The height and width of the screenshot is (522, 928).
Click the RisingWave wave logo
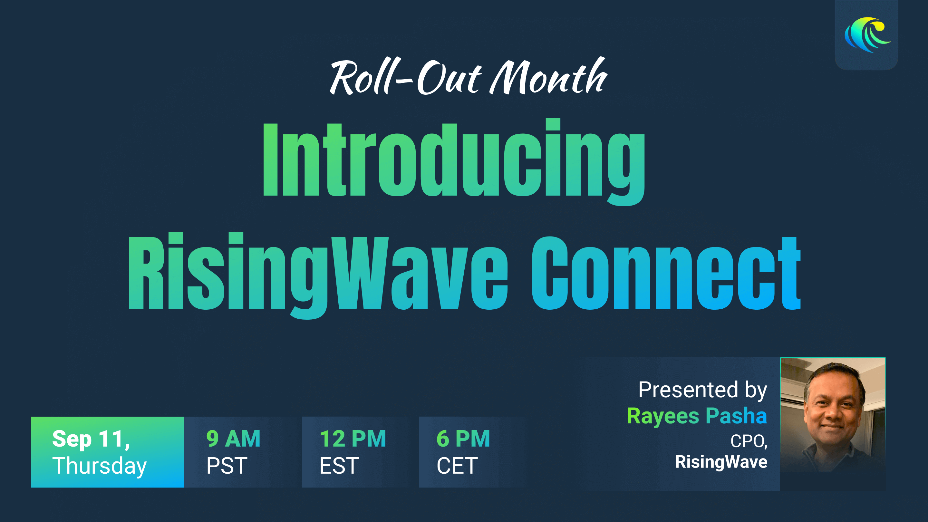pos(867,35)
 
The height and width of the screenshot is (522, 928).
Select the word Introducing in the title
pos(454,162)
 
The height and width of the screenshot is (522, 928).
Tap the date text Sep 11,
pos(91,439)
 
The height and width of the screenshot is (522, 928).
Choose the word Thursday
pos(100,466)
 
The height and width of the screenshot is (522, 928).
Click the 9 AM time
pos(233,439)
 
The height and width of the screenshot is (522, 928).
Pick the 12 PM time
pos(353,439)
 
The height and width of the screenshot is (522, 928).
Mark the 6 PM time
pos(463,439)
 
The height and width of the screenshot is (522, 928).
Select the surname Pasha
pos(736,415)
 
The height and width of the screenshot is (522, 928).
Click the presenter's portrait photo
pos(833,424)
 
